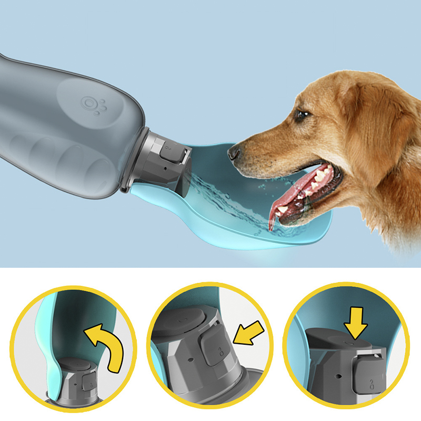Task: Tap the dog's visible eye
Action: tap(301, 114)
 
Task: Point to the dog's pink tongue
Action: tap(276, 208)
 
